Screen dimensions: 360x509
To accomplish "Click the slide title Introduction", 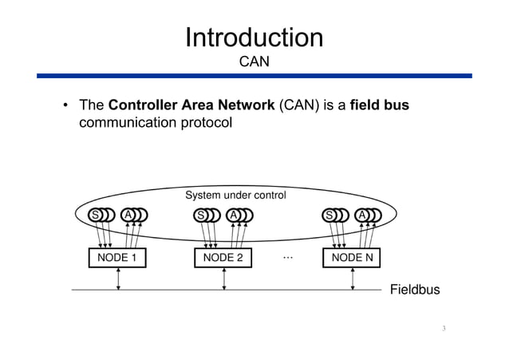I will pos(254,38).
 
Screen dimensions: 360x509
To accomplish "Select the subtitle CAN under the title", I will pos(254,61).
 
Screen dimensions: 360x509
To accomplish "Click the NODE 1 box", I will pos(117,258).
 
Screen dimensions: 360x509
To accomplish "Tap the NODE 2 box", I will pos(223,258).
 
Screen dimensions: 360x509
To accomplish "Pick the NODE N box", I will pos(352,258).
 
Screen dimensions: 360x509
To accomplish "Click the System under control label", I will pos(235,195).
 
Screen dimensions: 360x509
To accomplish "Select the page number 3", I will pos(443,329).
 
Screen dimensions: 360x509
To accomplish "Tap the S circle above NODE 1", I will pos(95,215).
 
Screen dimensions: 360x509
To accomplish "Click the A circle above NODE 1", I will pos(127,215).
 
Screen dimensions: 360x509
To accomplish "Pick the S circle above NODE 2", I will pos(200,215).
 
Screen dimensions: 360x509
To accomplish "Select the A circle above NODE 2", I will pos(232,215).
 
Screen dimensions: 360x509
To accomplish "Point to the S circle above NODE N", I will pos(329,215).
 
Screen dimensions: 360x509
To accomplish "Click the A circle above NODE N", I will pos(361,215).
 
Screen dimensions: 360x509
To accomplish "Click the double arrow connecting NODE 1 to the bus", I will pos(118,279).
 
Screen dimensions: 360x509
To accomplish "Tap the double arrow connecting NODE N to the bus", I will pos(353,279).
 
